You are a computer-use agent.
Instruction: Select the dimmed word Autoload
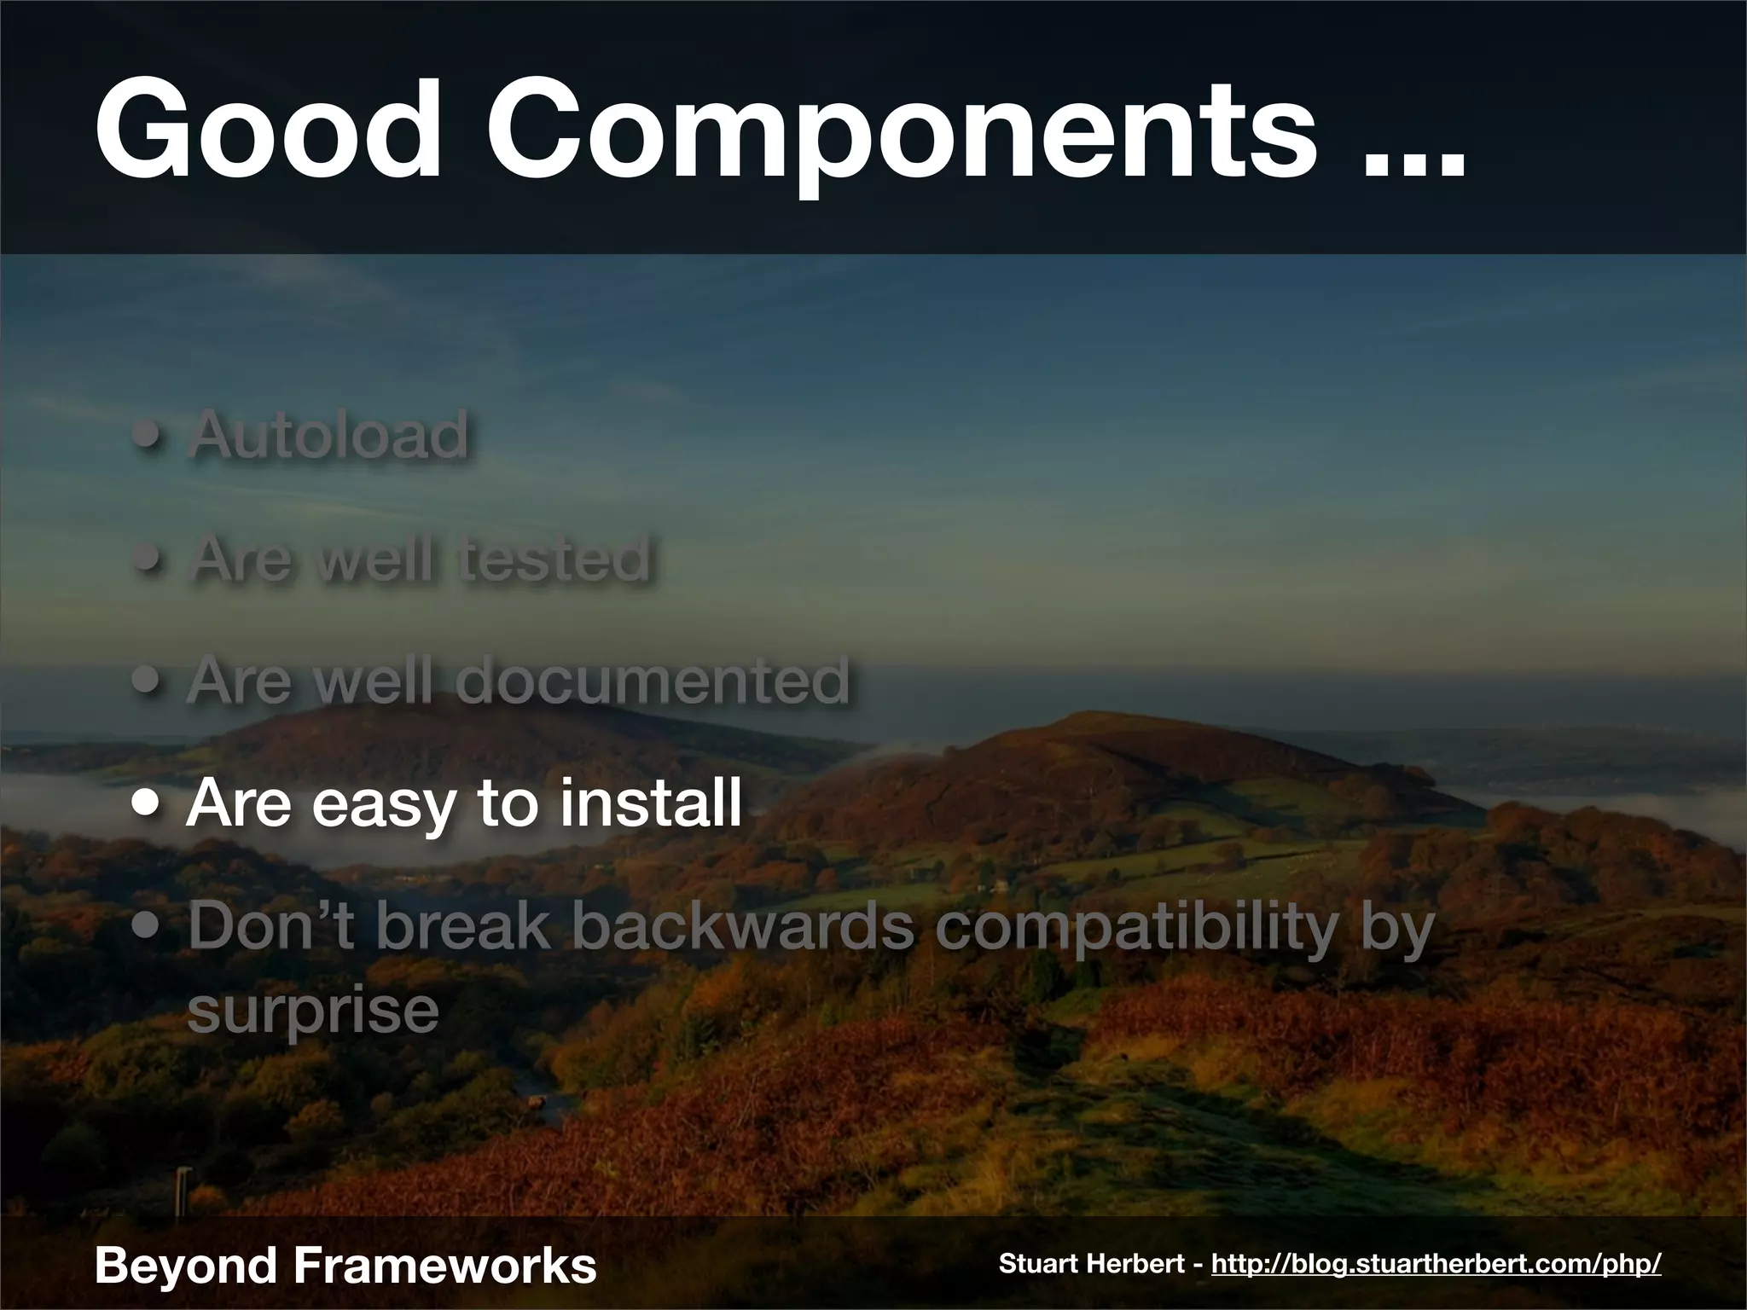328,435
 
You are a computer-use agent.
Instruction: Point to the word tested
554,559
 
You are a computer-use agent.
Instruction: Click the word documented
653,681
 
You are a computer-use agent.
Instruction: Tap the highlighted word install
650,803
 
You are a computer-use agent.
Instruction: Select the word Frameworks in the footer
444,1264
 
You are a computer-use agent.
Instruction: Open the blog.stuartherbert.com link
1436,1263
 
